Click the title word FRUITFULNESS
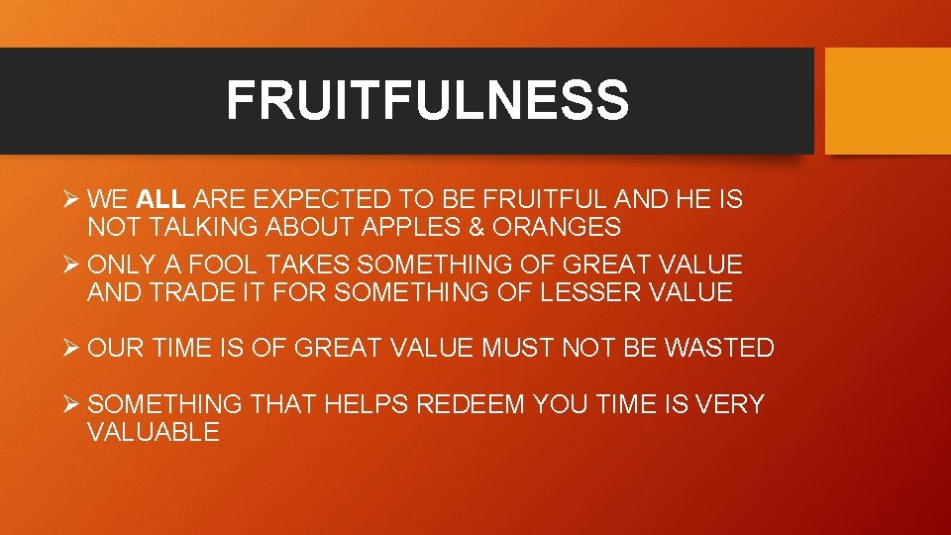pos(427,101)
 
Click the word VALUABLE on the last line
pos(154,432)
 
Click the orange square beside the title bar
pos(888,101)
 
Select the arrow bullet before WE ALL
pos(70,200)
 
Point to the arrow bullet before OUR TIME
pos(70,348)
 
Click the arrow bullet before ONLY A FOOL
pos(70,265)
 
